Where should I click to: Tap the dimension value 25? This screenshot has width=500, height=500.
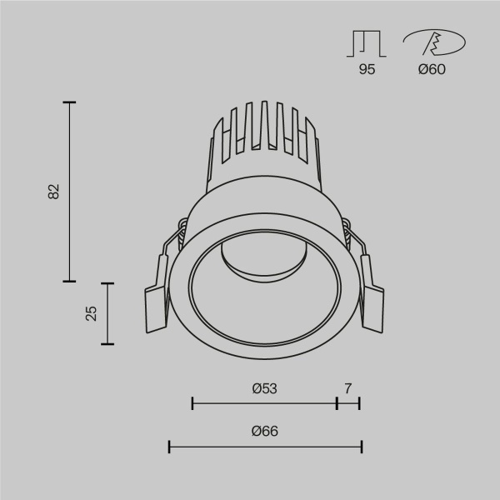point(92,312)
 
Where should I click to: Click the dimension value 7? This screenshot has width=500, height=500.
point(348,388)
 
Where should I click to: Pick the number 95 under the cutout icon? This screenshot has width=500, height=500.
point(367,70)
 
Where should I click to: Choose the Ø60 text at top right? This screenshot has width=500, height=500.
point(432,70)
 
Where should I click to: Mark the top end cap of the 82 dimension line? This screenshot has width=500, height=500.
point(69,102)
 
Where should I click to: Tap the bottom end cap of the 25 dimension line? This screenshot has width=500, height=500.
point(107,343)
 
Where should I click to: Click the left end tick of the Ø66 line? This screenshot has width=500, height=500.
point(170,447)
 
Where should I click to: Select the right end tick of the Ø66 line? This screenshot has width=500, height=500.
point(361,447)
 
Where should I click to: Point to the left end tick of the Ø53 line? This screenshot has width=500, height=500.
point(192,404)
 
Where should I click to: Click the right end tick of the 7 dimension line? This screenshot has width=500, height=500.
point(359,404)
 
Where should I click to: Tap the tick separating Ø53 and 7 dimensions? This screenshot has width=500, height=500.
point(337,404)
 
